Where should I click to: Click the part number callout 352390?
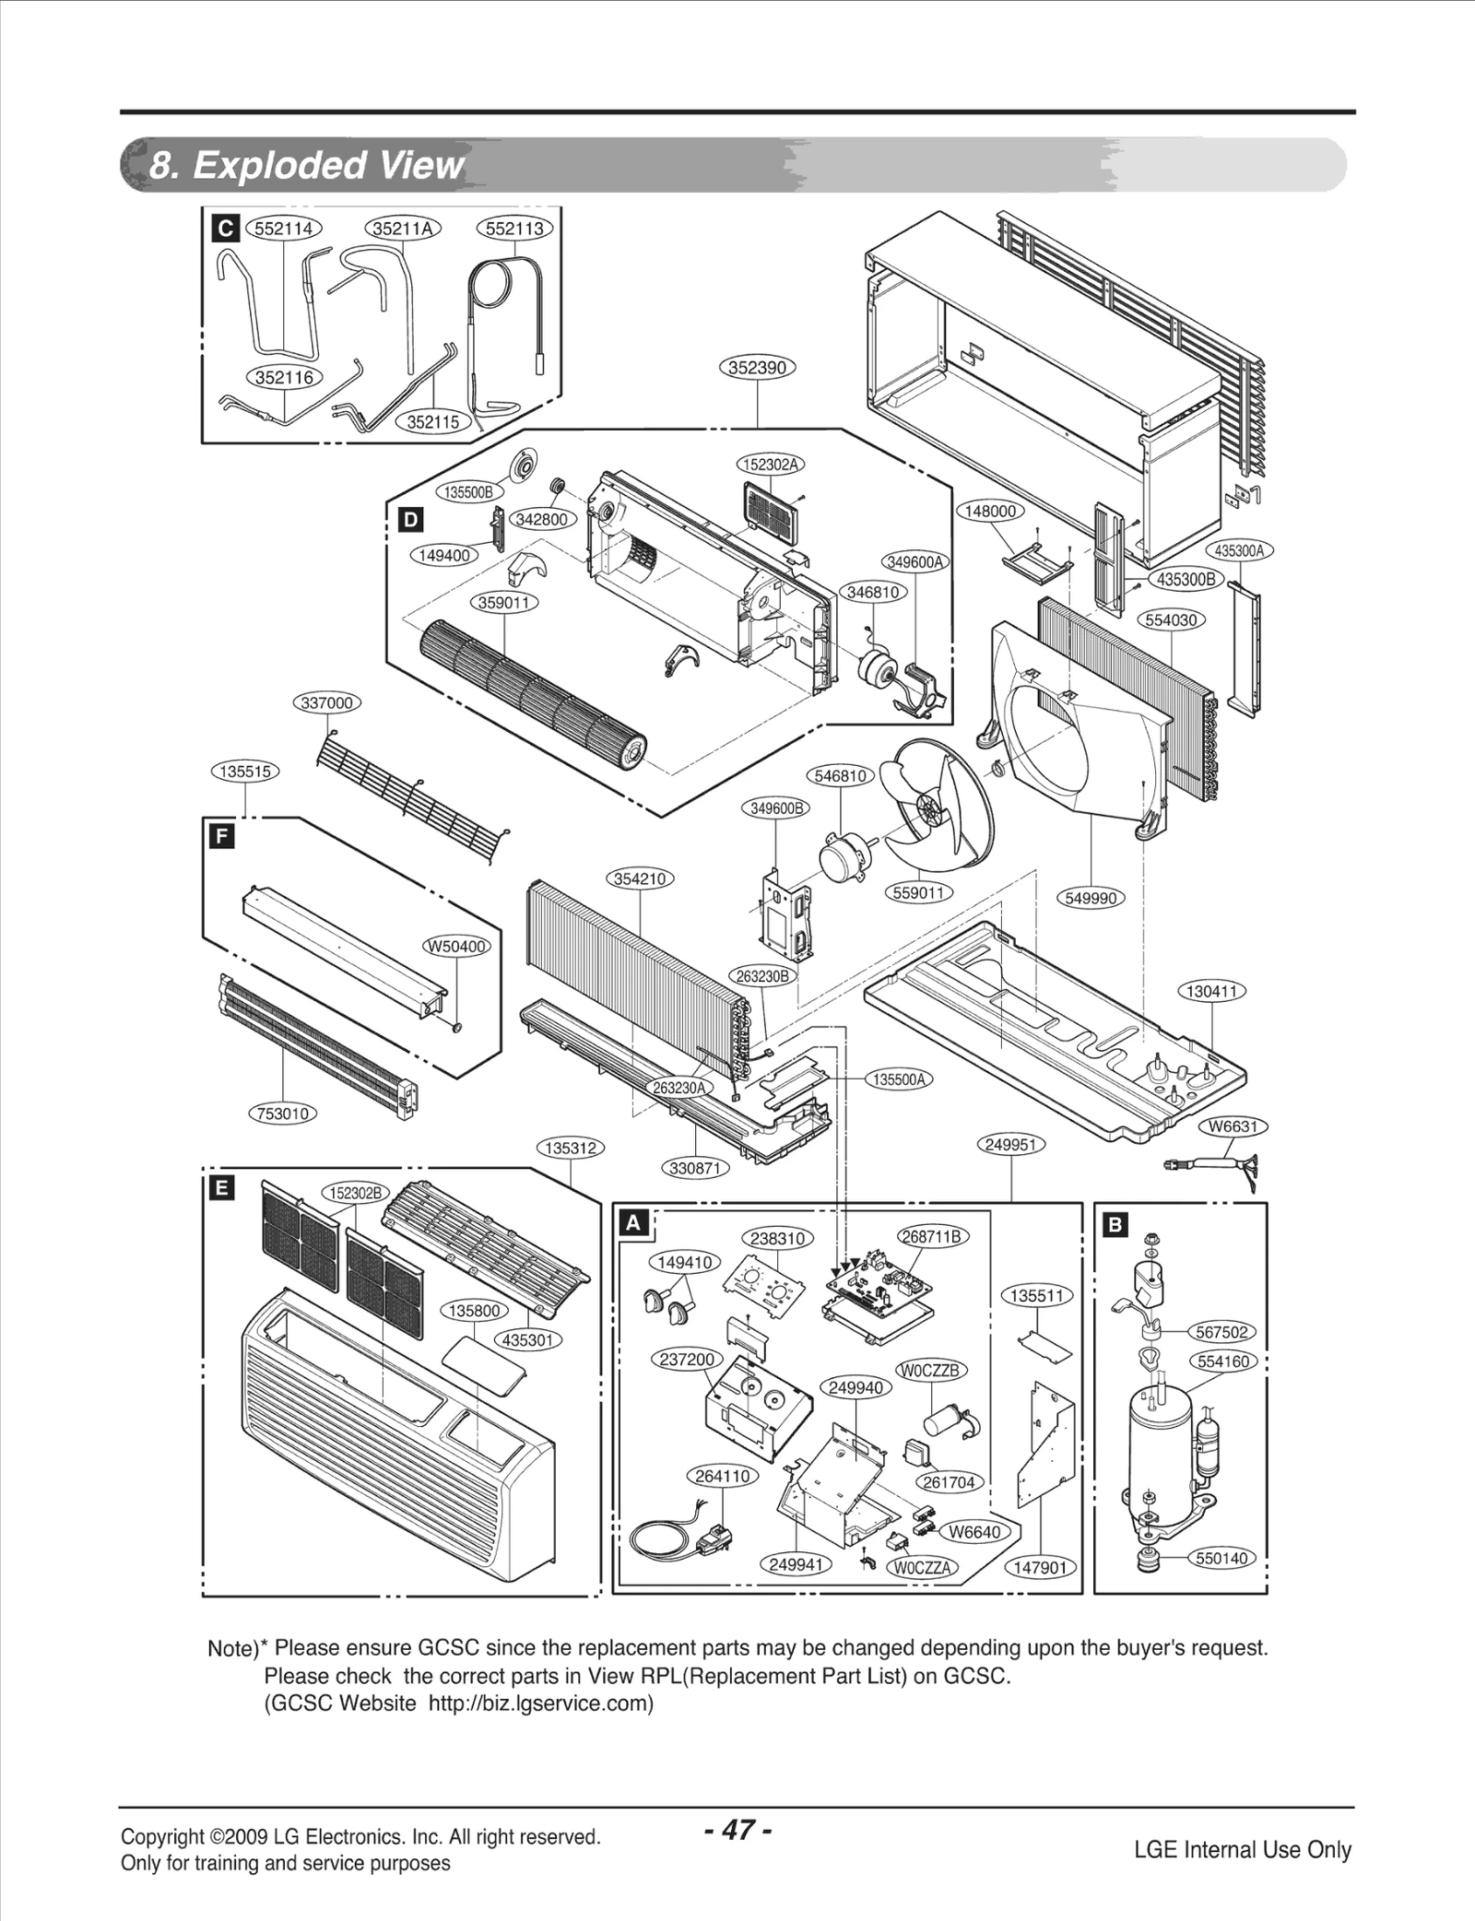pyautogui.click(x=757, y=367)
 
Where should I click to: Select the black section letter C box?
pyautogui.click(x=225, y=228)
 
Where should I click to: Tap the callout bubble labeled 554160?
pyautogui.click(x=1223, y=1361)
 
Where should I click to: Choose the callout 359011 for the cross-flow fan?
pyautogui.click(x=505, y=603)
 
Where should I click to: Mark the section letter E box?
pyautogui.click(x=221, y=1188)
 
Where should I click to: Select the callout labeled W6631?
pyautogui.click(x=1233, y=1126)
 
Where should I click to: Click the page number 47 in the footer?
pyautogui.click(x=737, y=1830)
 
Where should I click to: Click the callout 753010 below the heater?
pyautogui.click(x=283, y=1114)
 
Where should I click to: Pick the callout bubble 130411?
pyautogui.click(x=1211, y=991)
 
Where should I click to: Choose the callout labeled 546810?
pyautogui.click(x=841, y=775)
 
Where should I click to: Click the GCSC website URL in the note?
pyautogui.click(x=538, y=1703)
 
